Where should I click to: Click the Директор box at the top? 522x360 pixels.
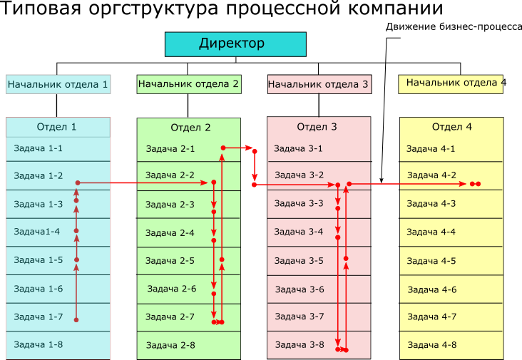[235, 44]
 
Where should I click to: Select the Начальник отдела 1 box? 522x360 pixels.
[58, 85]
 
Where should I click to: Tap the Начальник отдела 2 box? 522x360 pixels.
[189, 84]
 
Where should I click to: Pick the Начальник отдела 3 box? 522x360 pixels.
[319, 85]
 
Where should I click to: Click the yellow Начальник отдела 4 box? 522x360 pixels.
[451, 83]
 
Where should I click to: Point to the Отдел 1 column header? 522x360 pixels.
[57, 128]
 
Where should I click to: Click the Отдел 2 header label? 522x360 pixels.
[190, 128]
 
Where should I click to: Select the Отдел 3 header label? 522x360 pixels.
[317, 127]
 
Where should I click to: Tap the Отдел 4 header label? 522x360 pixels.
[452, 128]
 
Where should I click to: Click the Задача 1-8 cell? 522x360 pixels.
[39, 345]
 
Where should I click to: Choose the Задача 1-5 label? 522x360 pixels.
[39, 260]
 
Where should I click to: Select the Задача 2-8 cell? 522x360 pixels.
[170, 345]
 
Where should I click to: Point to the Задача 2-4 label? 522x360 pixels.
[170, 233]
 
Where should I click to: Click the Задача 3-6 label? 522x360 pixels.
[300, 289]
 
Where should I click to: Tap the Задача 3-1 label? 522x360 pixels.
[298, 149]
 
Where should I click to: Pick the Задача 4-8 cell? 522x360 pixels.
[431, 345]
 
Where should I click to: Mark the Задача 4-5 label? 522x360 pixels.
[431, 261]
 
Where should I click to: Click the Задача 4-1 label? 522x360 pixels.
[431, 149]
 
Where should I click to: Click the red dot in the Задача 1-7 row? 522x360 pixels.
[76, 320]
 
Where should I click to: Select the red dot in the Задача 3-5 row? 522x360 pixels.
[346, 258]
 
